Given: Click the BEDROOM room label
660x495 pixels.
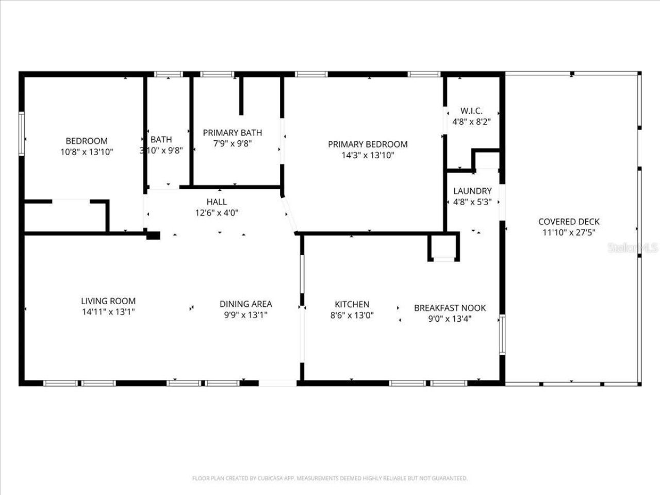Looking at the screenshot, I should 87,141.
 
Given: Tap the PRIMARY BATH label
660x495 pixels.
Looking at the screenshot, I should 232,133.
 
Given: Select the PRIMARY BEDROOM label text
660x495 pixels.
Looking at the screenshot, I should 368,144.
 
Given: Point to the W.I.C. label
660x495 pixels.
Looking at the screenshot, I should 471,111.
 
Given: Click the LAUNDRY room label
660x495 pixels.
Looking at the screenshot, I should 472,191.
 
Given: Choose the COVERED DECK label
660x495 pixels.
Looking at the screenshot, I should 569,222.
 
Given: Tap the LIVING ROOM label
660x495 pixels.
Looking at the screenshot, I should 108,301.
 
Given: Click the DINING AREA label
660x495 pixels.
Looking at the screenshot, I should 245,304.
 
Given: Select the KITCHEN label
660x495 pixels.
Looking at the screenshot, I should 352,304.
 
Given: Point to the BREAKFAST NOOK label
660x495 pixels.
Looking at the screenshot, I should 450,308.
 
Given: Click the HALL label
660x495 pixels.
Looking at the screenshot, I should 217,202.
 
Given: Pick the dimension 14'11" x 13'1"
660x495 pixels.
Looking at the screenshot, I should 108,312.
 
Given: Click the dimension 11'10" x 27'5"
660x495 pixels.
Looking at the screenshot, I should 569,233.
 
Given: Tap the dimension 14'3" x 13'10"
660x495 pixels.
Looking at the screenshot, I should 368,155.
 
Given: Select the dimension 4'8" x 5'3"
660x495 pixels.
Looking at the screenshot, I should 472,202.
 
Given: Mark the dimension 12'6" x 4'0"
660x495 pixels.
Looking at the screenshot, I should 217,212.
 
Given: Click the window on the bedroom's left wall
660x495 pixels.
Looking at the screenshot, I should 22,134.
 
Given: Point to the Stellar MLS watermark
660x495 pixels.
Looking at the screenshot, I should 633,248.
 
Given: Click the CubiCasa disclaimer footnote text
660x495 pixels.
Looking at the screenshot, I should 330,478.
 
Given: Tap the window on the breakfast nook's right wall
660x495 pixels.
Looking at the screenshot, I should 502,335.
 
